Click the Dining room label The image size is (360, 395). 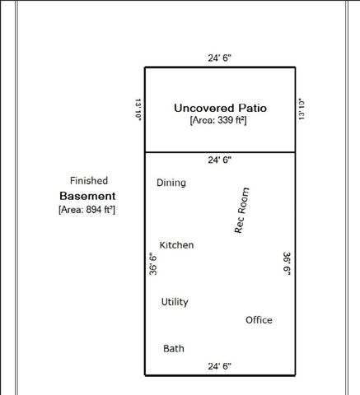[x=171, y=183]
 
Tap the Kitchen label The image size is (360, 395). [x=176, y=245]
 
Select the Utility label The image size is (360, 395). [x=175, y=302]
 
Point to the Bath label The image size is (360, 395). [x=174, y=349]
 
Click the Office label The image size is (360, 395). [x=259, y=320]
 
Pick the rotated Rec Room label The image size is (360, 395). [x=242, y=211]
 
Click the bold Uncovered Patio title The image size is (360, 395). [x=220, y=108]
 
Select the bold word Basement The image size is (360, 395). [x=87, y=197]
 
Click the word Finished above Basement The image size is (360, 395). [x=88, y=180]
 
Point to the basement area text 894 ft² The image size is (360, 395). [x=86, y=211]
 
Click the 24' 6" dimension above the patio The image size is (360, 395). [x=219, y=58]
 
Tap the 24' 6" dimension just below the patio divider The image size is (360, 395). [x=219, y=159]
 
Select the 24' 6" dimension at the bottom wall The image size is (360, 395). [x=219, y=365]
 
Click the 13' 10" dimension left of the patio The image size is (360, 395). [x=138, y=109]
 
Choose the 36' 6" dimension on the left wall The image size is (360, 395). [x=152, y=266]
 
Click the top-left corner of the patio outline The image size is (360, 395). [x=145, y=67]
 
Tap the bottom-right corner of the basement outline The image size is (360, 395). [x=294, y=374]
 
